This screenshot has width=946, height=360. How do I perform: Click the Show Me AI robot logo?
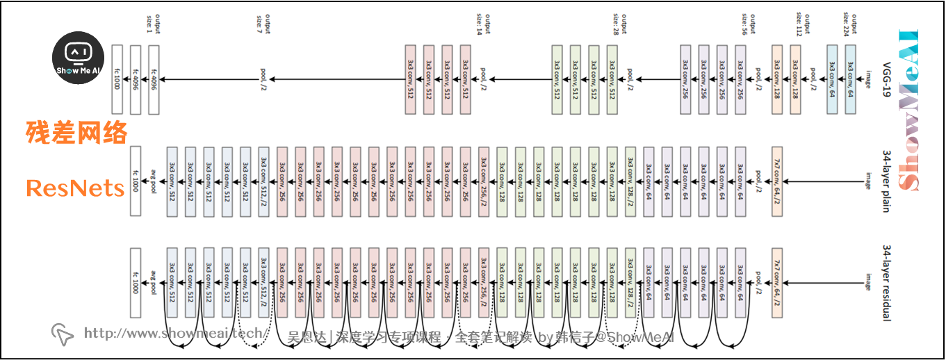coord(79,60)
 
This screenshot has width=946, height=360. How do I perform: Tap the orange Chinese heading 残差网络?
coord(76,131)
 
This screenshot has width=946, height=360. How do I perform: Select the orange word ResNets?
coord(75,188)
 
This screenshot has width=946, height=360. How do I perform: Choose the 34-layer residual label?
coord(886,282)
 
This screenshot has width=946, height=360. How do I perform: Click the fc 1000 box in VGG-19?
coord(117,79)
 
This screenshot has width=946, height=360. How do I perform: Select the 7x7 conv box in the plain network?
coord(777,182)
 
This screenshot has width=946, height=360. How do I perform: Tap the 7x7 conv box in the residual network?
coord(777,282)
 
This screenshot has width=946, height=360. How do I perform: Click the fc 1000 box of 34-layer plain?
coord(136,182)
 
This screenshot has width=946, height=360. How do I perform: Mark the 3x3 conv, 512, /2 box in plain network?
coord(263,182)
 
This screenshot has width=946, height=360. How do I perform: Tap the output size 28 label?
coord(617,23)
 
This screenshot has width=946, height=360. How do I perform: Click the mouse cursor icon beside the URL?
coord(63,334)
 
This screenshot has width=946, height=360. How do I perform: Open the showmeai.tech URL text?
coord(173,334)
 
